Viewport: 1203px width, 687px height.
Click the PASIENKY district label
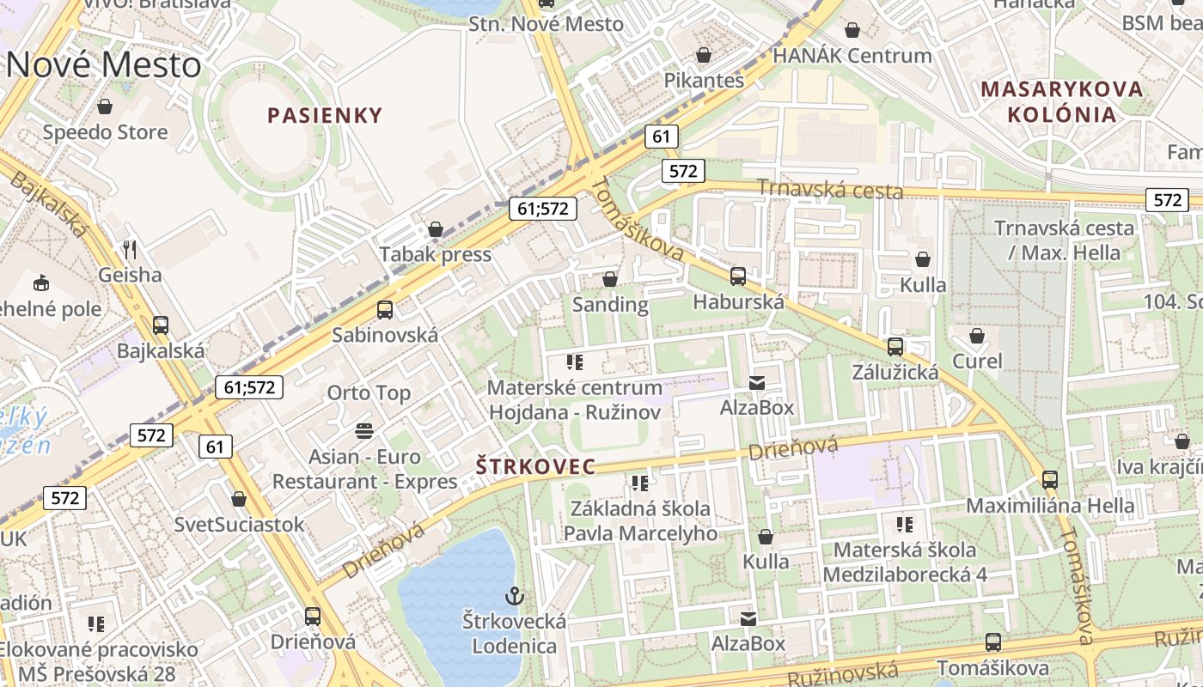[x=324, y=115]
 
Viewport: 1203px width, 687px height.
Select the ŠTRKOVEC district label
[x=535, y=466]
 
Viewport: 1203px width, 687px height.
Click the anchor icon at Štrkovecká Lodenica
[x=514, y=595]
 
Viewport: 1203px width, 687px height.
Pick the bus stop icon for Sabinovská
[x=385, y=310]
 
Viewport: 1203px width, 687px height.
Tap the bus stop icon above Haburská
[x=738, y=276]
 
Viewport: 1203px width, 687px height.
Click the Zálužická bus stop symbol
[x=895, y=347]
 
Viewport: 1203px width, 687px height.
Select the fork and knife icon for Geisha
[x=130, y=250]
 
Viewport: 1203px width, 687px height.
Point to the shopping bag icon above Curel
[x=977, y=335]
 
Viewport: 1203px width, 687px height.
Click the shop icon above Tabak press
[x=436, y=229]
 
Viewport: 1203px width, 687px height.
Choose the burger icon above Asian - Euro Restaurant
[x=364, y=430]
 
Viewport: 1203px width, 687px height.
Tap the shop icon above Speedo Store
[x=105, y=106]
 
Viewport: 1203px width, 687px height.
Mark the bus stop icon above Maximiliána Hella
[x=1050, y=479]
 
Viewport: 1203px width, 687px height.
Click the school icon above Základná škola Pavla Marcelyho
[x=639, y=483]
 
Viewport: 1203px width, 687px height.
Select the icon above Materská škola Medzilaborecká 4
[x=904, y=524]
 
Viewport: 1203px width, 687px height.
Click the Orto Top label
[x=369, y=392]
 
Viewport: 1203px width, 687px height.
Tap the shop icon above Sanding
[x=610, y=279]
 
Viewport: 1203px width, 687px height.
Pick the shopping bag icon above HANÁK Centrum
[x=852, y=31]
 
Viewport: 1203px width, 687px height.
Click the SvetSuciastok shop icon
[x=239, y=499]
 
